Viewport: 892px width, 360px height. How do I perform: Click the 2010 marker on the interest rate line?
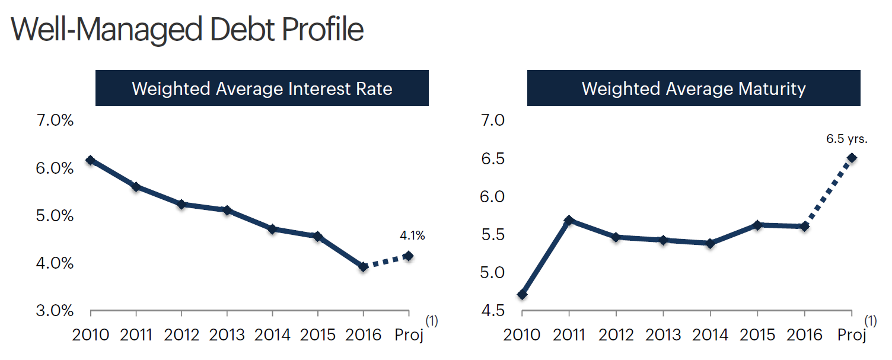[91, 160]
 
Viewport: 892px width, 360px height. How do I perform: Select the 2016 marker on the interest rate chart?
[364, 267]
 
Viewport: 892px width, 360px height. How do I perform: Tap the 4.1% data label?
[412, 236]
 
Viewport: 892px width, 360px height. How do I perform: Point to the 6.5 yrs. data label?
[847, 140]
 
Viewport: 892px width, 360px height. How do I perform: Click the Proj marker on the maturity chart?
[852, 158]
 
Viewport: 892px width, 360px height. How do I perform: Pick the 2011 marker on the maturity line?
[569, 220]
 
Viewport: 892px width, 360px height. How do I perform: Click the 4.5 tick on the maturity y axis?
[490, 311]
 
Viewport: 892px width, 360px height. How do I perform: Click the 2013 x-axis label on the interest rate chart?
[227, 335]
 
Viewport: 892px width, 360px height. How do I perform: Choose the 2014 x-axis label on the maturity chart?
[711, 335]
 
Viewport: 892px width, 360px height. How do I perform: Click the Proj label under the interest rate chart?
[409, 335]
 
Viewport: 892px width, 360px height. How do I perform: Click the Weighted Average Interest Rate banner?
[262, 88]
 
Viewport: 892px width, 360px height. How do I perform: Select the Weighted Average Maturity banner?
[693, 88]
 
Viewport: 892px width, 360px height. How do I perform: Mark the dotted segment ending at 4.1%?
[386, 262]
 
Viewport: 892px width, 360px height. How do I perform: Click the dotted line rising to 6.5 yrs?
[829, 192]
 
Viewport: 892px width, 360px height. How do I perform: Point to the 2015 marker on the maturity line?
[758, 225]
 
